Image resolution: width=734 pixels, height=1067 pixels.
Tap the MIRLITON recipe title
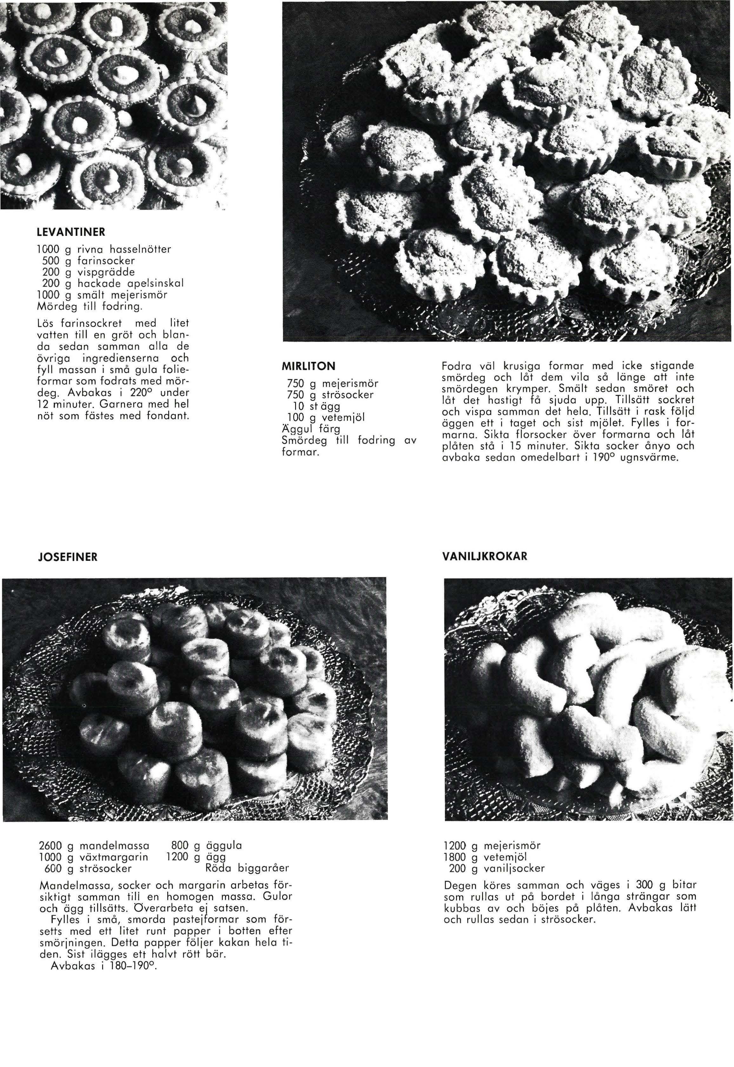[308, 367]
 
